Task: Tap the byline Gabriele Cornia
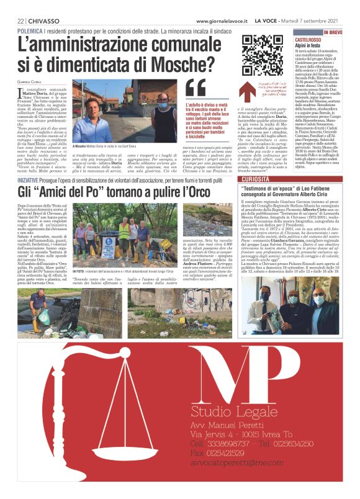30,83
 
